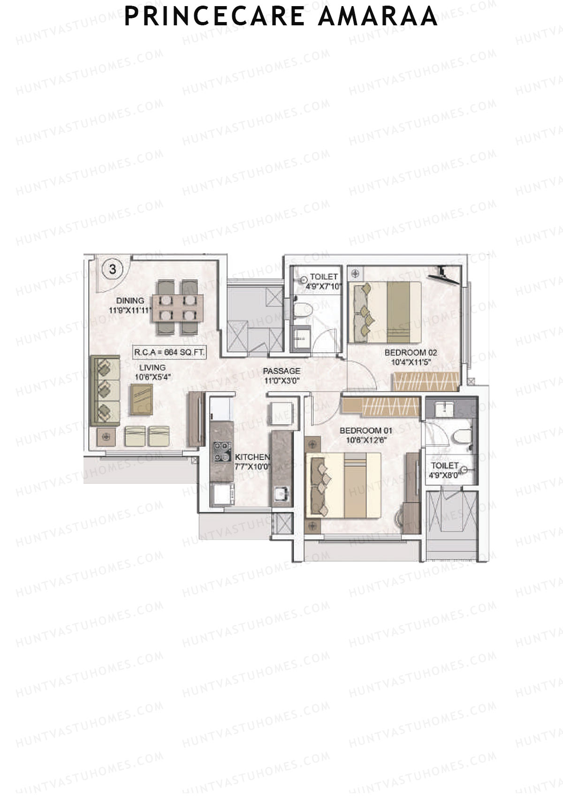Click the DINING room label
click(130, 301)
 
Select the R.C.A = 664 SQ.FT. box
click(169, 352)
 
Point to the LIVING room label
click(152, 368)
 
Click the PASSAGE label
click(281, 371)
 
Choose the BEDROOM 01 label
click(365, 431)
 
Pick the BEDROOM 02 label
click(411, 352)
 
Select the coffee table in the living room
click(141, 399)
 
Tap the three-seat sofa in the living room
click(105, 390)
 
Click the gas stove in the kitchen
click(222, 451)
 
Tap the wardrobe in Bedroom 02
click(426, 381)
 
